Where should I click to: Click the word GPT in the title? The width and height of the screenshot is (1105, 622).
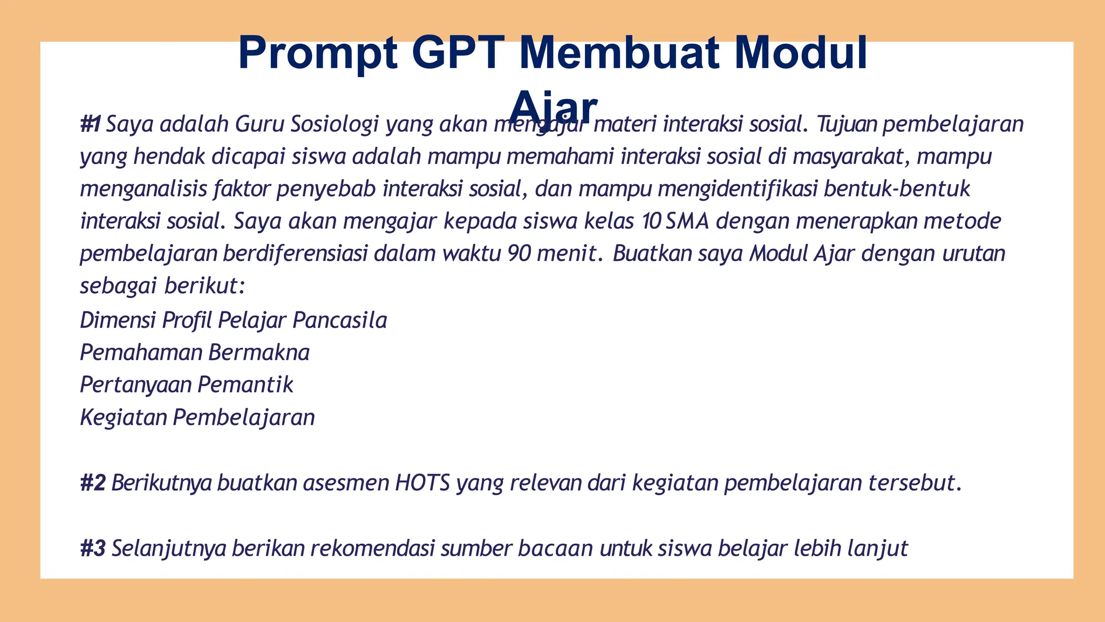point(458,53)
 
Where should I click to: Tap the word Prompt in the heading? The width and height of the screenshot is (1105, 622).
point(318,53)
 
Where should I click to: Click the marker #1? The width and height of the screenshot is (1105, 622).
point(90,124)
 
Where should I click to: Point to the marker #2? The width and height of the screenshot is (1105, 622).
point(93,483)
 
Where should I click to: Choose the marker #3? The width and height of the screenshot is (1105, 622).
point(93,549)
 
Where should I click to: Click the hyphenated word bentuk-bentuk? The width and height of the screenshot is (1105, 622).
point(897,189)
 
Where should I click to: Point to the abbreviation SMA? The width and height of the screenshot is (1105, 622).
point(687,221)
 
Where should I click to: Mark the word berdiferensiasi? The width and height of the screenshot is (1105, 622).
point(295,254)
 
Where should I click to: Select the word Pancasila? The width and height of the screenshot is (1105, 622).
point(340,320)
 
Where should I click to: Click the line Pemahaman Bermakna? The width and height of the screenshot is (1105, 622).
point(195,353)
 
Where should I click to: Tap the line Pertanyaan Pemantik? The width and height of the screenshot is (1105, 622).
point(187,385)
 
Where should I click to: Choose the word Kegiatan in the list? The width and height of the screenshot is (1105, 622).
point(124,417)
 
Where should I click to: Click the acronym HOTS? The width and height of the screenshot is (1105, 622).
point(422,483)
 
